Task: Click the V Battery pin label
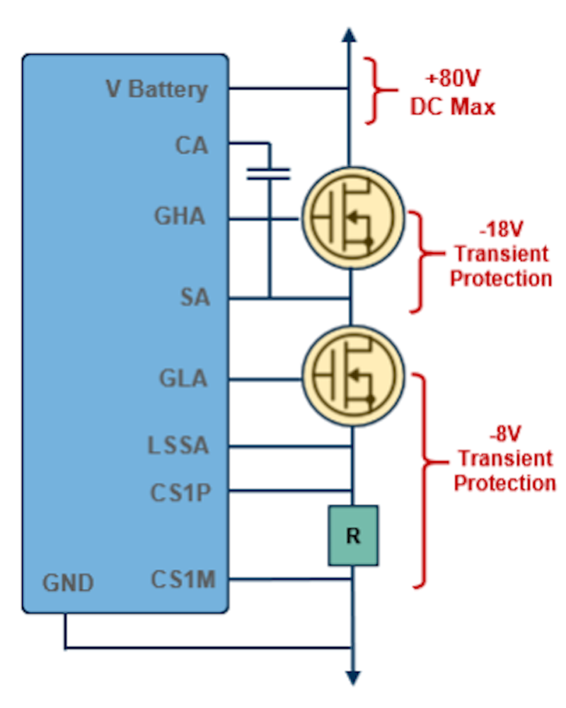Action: pos(156,90)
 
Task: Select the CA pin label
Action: pos(191,146)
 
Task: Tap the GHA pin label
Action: pos(180,216)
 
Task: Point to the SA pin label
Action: pos(195,298)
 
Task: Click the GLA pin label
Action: pos(183,379)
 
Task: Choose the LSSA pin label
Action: pos(178,446)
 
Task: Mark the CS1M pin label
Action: pos(183,580)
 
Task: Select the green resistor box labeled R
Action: pos(352,535)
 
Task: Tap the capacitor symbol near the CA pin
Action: pos(268,174)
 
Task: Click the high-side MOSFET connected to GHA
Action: pos(352,219)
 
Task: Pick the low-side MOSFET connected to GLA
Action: pos(352,377)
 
